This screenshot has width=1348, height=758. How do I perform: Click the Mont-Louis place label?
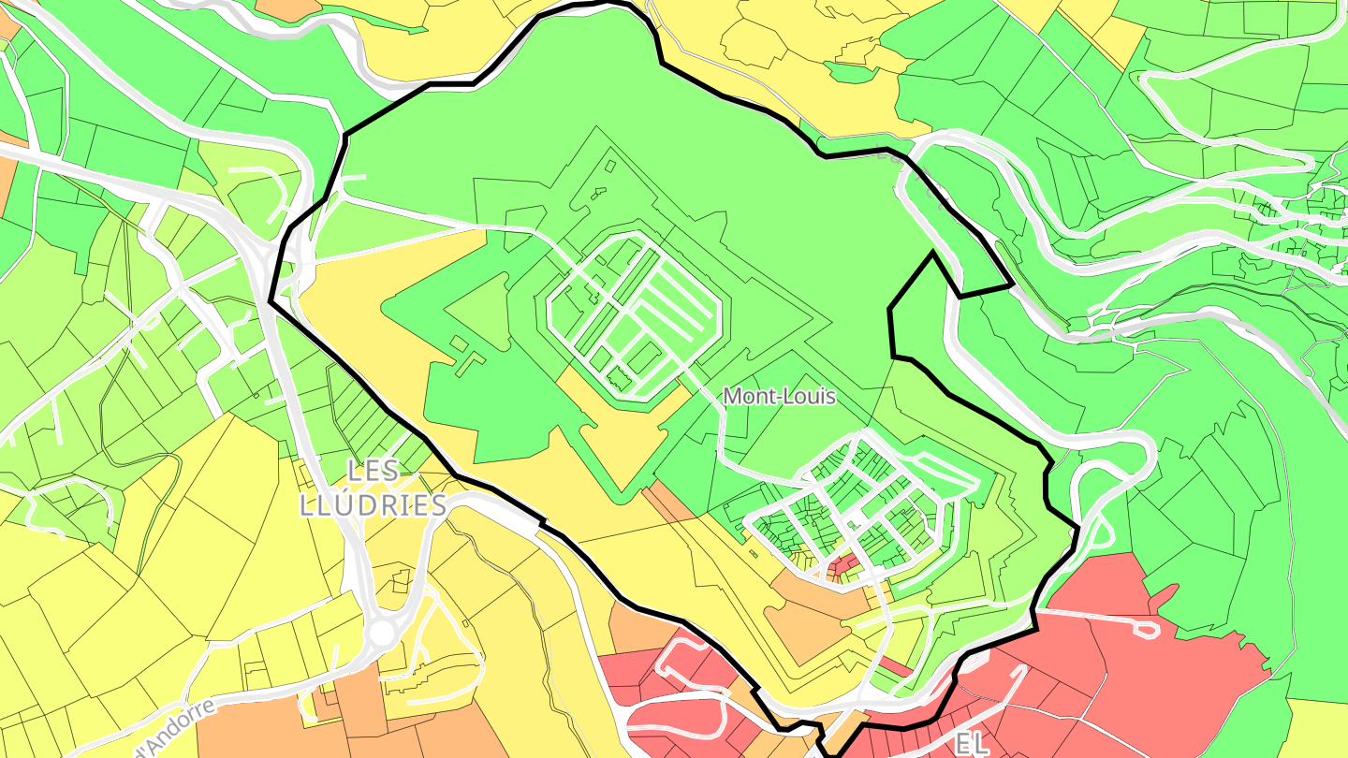[x=779, y=396]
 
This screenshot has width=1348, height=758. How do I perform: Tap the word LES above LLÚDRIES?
[x=373, y=471]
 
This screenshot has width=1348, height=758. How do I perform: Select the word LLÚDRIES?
[x=373, y=506]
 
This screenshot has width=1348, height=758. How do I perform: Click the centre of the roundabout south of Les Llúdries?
[x=381, y=634]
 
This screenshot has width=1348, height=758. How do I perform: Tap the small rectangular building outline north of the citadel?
[x=610, y=167]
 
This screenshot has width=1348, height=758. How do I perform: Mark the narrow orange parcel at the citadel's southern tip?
[x=668, y=502]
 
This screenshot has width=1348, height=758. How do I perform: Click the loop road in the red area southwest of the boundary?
[x=683, y=664]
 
